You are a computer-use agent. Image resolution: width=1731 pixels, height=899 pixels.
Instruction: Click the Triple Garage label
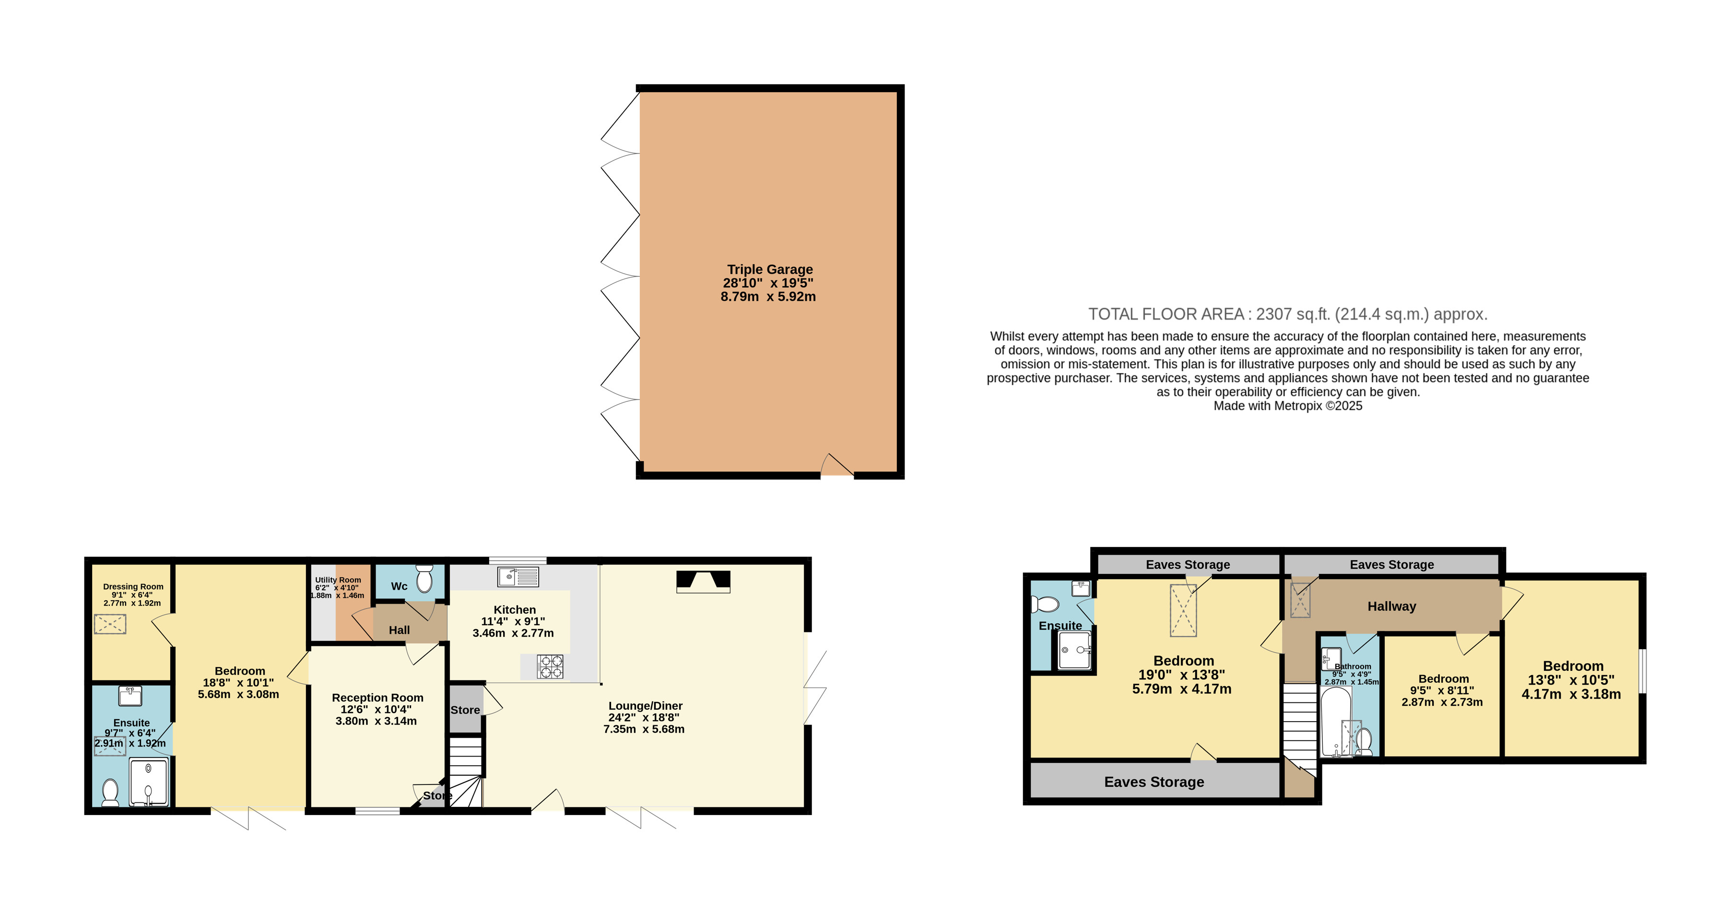(769, 269)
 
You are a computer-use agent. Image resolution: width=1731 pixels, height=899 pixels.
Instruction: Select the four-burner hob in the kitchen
(550, 666)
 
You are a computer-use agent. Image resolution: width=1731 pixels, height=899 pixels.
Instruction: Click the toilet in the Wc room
(424, 579)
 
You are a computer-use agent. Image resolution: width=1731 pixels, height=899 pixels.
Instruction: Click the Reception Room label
(377, 698)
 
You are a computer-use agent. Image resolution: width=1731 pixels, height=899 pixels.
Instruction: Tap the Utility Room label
(338, 580)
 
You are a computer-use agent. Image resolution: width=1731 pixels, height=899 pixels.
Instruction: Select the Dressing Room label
(133, 586)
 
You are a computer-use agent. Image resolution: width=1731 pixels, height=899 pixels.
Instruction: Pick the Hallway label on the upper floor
(1391, 606)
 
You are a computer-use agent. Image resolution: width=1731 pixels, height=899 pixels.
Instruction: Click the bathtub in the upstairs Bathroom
(1336, 722)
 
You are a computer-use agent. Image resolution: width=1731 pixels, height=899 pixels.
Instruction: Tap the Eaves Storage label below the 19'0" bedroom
(1154, 782)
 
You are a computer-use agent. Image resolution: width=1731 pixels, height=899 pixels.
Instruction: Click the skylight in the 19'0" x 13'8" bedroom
(1183, 610)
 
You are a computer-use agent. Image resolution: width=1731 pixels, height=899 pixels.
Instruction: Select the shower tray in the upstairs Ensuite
(1074, 650)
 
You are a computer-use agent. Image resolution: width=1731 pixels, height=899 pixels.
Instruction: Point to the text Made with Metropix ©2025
(1287, 406)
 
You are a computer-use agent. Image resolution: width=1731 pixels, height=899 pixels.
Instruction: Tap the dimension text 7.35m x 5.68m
(644, 729)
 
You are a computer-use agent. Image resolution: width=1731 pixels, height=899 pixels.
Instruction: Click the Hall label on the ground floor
(399, 630)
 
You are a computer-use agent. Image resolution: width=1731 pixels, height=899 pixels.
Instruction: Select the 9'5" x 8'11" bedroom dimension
(1442, 690)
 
